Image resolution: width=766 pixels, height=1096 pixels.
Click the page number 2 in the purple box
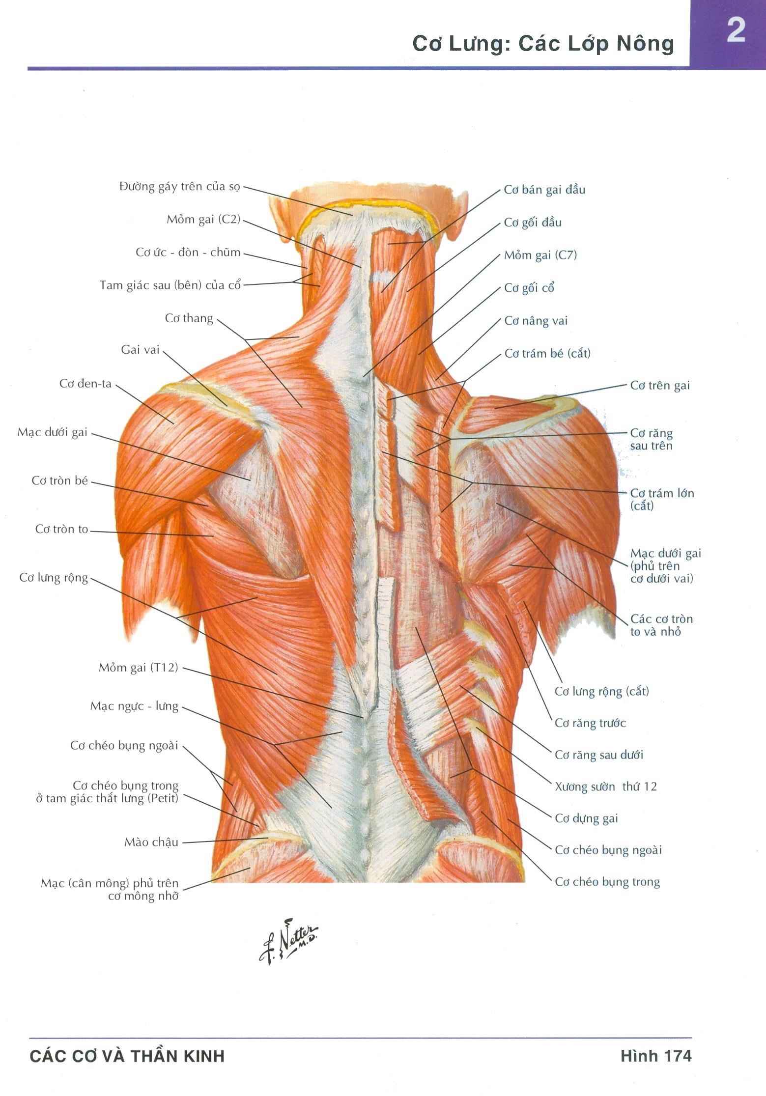pos(736,30)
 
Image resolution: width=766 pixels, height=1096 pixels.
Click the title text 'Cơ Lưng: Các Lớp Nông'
pos(543,44)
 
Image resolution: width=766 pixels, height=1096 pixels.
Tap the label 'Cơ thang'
pos(189,318)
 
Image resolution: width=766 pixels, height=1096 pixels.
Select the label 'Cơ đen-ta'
pos(85,383)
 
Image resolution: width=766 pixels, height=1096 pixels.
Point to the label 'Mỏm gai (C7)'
pos(540,255)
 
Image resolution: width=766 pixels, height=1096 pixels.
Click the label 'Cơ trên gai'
pos(660,386)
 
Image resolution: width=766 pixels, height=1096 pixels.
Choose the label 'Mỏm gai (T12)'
pos(138,668)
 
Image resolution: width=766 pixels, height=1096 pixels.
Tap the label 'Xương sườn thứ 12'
pos(606,787)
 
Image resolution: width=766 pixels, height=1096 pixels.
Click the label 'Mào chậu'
pos(151,842)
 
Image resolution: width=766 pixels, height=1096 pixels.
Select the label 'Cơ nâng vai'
pos(536,321)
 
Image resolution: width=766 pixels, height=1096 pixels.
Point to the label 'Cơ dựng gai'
pos(586,818)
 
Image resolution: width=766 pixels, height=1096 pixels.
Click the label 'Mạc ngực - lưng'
pos(134,706)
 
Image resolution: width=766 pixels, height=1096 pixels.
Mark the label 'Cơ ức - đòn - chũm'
pos(188,253)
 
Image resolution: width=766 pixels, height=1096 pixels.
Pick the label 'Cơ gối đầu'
pos(533,223)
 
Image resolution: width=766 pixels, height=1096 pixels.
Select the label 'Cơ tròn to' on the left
pos(61,529)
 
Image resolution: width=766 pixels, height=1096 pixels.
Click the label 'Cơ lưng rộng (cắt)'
pos(602,691)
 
